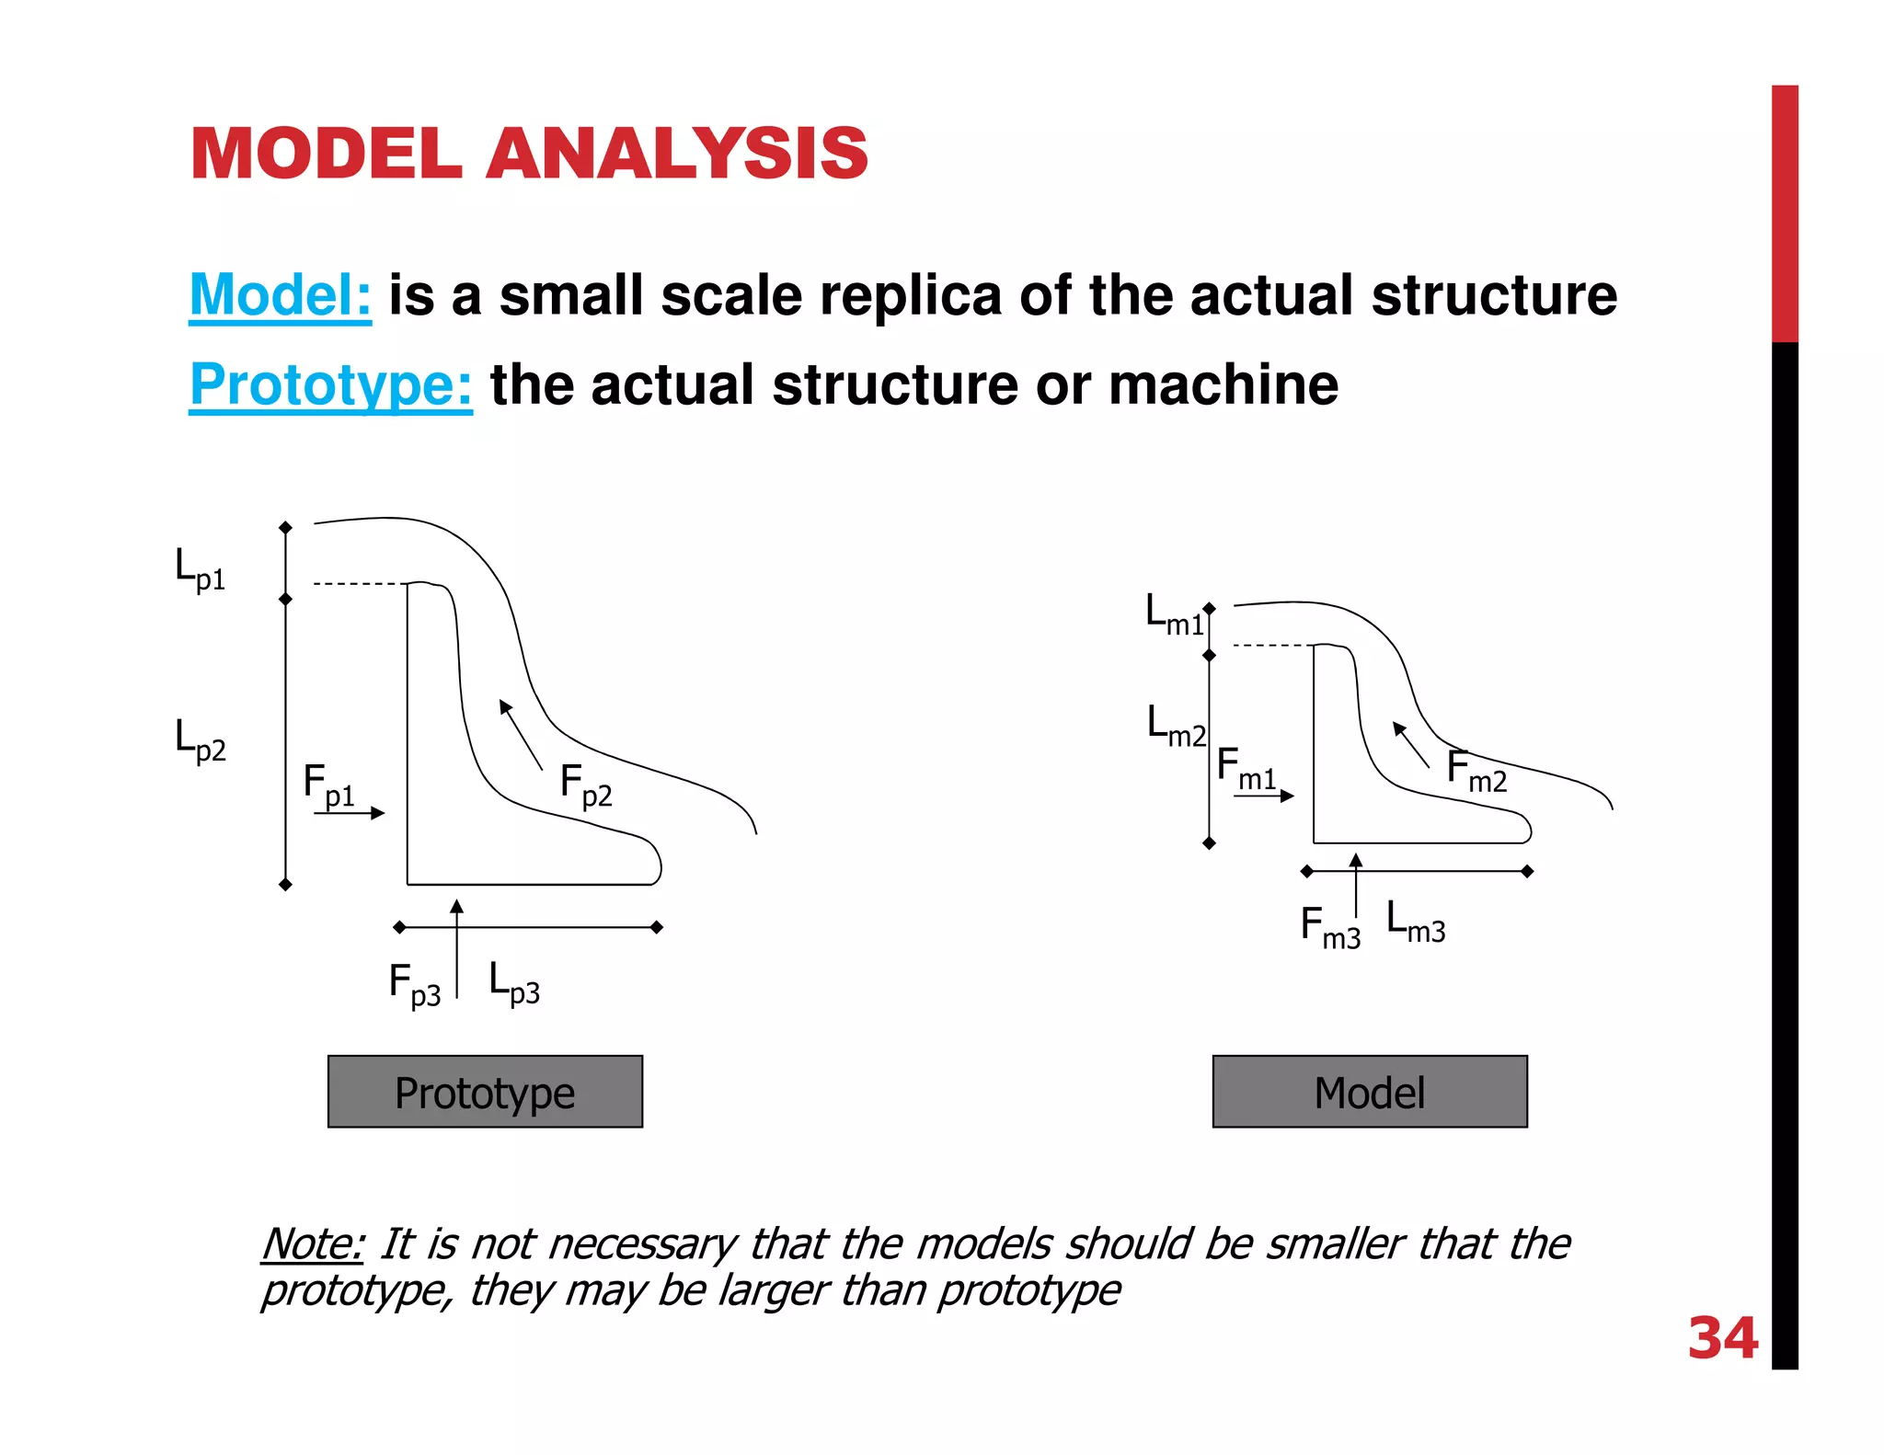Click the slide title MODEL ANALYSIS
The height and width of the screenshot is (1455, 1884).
(x=529, y=153)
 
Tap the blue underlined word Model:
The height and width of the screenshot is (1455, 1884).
(x=280, y=295)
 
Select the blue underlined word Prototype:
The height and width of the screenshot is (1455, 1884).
(x=330, y=384)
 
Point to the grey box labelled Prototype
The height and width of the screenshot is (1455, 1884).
(x=485, y=1092)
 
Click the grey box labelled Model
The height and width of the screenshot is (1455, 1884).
(x=1369, y=1092)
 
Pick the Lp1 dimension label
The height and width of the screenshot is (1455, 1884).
(x=200, y=569)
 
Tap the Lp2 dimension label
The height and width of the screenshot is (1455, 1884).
(x=200, y=740)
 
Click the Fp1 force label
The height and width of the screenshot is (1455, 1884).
(x=328, y=786)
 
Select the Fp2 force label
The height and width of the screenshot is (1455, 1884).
(x=585, y=786)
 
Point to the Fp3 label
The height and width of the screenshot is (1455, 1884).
(x=414, y=984)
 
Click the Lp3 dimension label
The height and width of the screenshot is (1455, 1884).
(x=513, y=982)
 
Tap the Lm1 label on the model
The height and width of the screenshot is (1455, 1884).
(x=1173, y=614)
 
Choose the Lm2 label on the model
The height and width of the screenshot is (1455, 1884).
(x=1175, y=727)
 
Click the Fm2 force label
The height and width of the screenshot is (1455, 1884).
(x=1476, y=771)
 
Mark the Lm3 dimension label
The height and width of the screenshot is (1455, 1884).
(x=1415, y=922)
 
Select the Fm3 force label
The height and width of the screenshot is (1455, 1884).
(x=1329, y=927)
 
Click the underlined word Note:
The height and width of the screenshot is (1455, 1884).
(x=313, y=1243)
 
